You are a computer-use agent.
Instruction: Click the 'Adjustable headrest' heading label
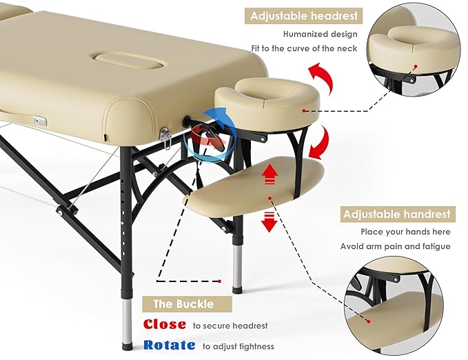tap(305, 15)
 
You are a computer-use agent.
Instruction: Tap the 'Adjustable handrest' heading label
tap(396, 214)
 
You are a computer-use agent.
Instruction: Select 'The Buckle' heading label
tap(183, 303)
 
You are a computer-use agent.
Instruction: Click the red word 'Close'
tap(164, 324)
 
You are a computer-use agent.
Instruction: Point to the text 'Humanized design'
tap(321, 33)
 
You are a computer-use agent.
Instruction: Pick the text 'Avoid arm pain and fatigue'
tap(395, 246)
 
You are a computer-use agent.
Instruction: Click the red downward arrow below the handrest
tap(269, 222)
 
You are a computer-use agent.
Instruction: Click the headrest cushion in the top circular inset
tap(411, 47)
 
